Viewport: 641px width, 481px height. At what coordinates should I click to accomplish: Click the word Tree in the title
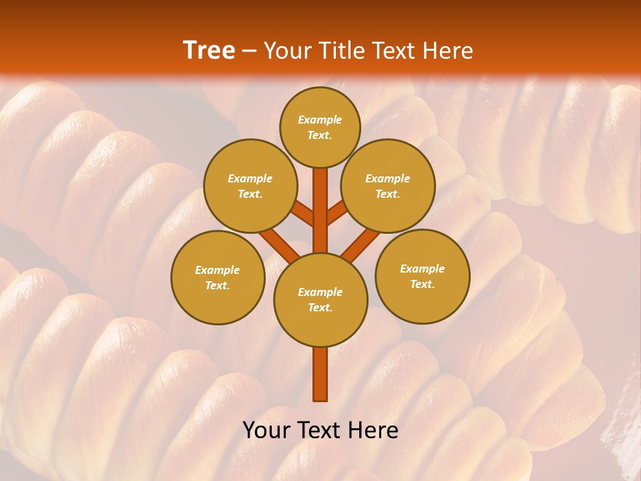pos(209,51)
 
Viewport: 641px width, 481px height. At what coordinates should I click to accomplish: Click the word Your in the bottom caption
pos(267,430)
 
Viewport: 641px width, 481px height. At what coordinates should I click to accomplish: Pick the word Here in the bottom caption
pos(373,430)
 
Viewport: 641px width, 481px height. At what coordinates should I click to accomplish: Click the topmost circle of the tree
pos(320,127)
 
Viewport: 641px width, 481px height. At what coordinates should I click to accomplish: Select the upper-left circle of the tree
pos(250,186)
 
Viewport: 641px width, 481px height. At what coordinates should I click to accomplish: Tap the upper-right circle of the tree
pos(388,186)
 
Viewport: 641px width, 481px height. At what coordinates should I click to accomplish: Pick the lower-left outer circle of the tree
pos(218,277)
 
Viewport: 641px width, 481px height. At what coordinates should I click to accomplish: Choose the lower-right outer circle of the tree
pos(422,276)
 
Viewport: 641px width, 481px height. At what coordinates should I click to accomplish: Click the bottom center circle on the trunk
pos(320,299)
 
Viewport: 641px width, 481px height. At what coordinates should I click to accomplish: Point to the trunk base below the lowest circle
pos(320,374)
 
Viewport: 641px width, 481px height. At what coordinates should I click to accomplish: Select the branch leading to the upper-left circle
pos(302,214)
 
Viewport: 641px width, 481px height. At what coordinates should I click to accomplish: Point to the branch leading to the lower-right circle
pos(361,244)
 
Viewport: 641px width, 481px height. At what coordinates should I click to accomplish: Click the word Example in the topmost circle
pos(320,120)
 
